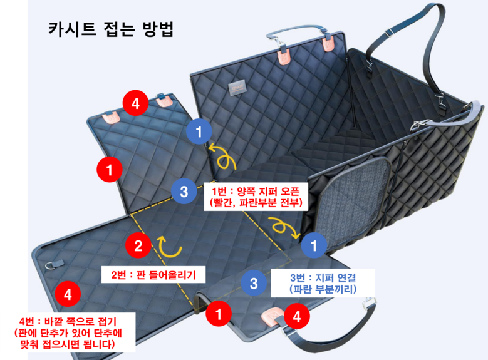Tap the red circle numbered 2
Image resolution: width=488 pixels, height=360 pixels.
[x=138, y=245]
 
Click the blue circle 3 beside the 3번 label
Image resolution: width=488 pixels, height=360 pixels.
[x=253, y=282]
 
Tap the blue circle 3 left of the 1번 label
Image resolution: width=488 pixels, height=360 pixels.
[x=184, y=192]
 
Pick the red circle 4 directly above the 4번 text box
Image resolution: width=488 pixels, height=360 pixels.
[x=67, y=292]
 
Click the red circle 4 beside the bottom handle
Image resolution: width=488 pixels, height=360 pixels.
[x=296, y=317]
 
